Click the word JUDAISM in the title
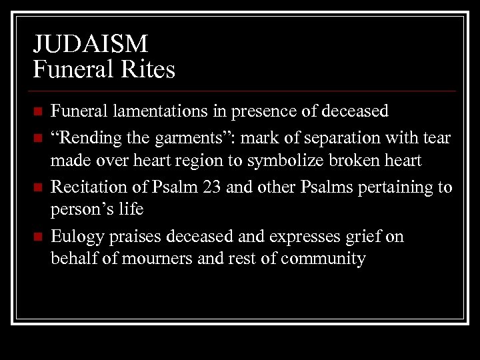point(91,45)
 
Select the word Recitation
point(91,187)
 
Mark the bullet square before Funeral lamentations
point(39,111)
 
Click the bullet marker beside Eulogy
point(39,237)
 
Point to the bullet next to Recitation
point(39,187)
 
